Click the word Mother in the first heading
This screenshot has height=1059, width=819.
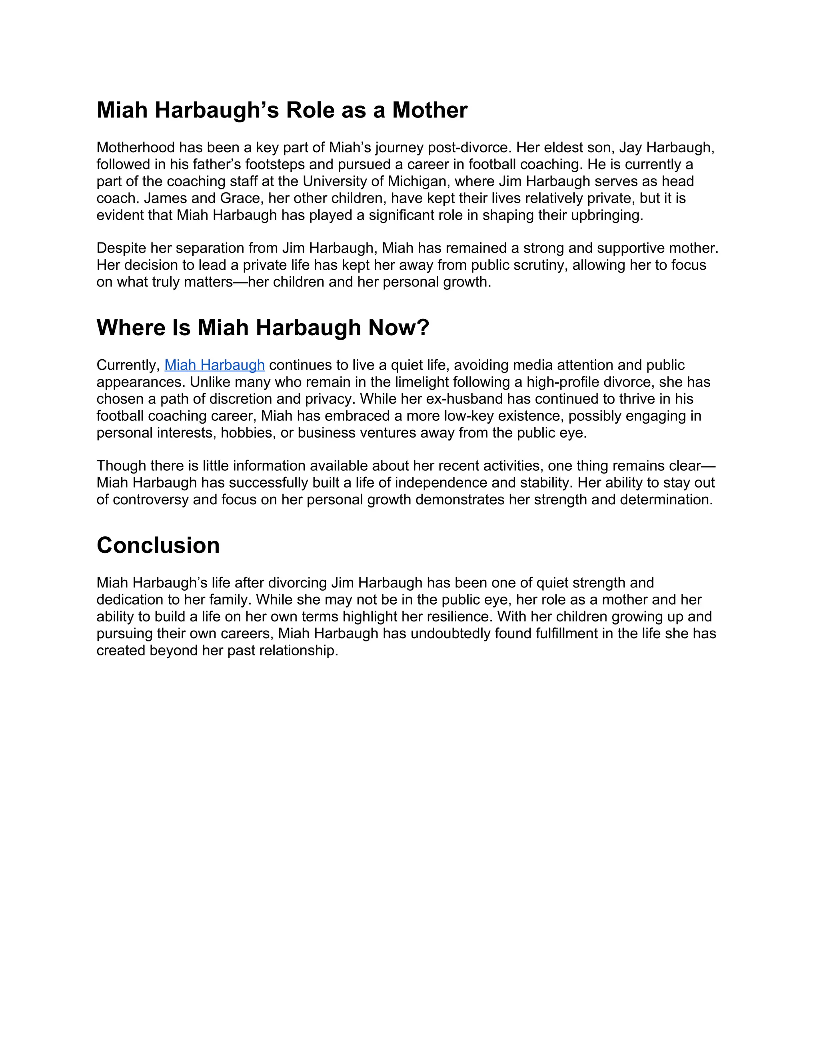point(429,110)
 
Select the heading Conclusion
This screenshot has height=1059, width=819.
point(158,545)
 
